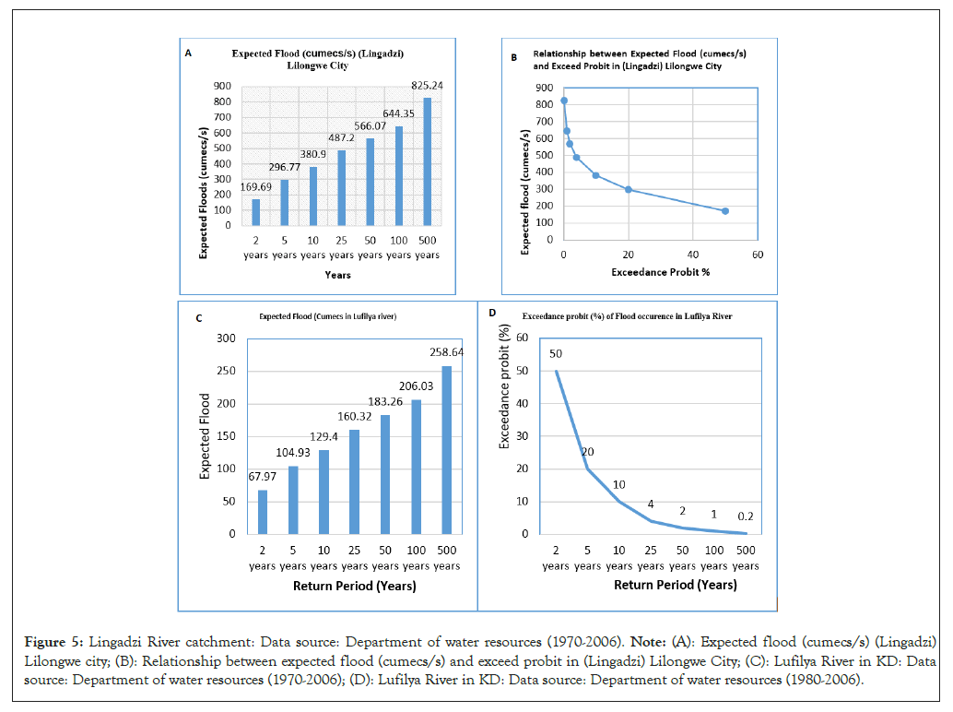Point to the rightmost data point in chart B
[725, 211]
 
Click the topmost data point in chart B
[564, 101]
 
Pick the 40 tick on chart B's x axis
[692, 255]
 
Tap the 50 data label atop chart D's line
[556, 354]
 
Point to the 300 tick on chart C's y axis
[226, 338]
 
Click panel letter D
[492, 314]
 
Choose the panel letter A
[188, 53]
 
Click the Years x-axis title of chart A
[337, 275]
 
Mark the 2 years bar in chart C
[263, 512]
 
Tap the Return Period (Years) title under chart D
[675, 586]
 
